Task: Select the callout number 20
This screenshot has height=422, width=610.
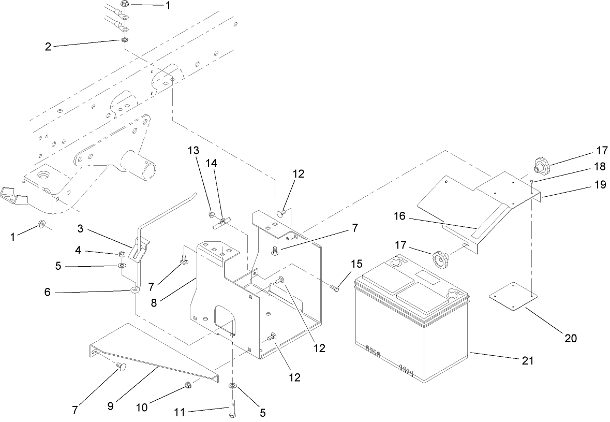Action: coord(570,338)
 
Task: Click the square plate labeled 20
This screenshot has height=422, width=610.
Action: coord(512,297)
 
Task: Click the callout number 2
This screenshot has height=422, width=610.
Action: coord(48,46)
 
